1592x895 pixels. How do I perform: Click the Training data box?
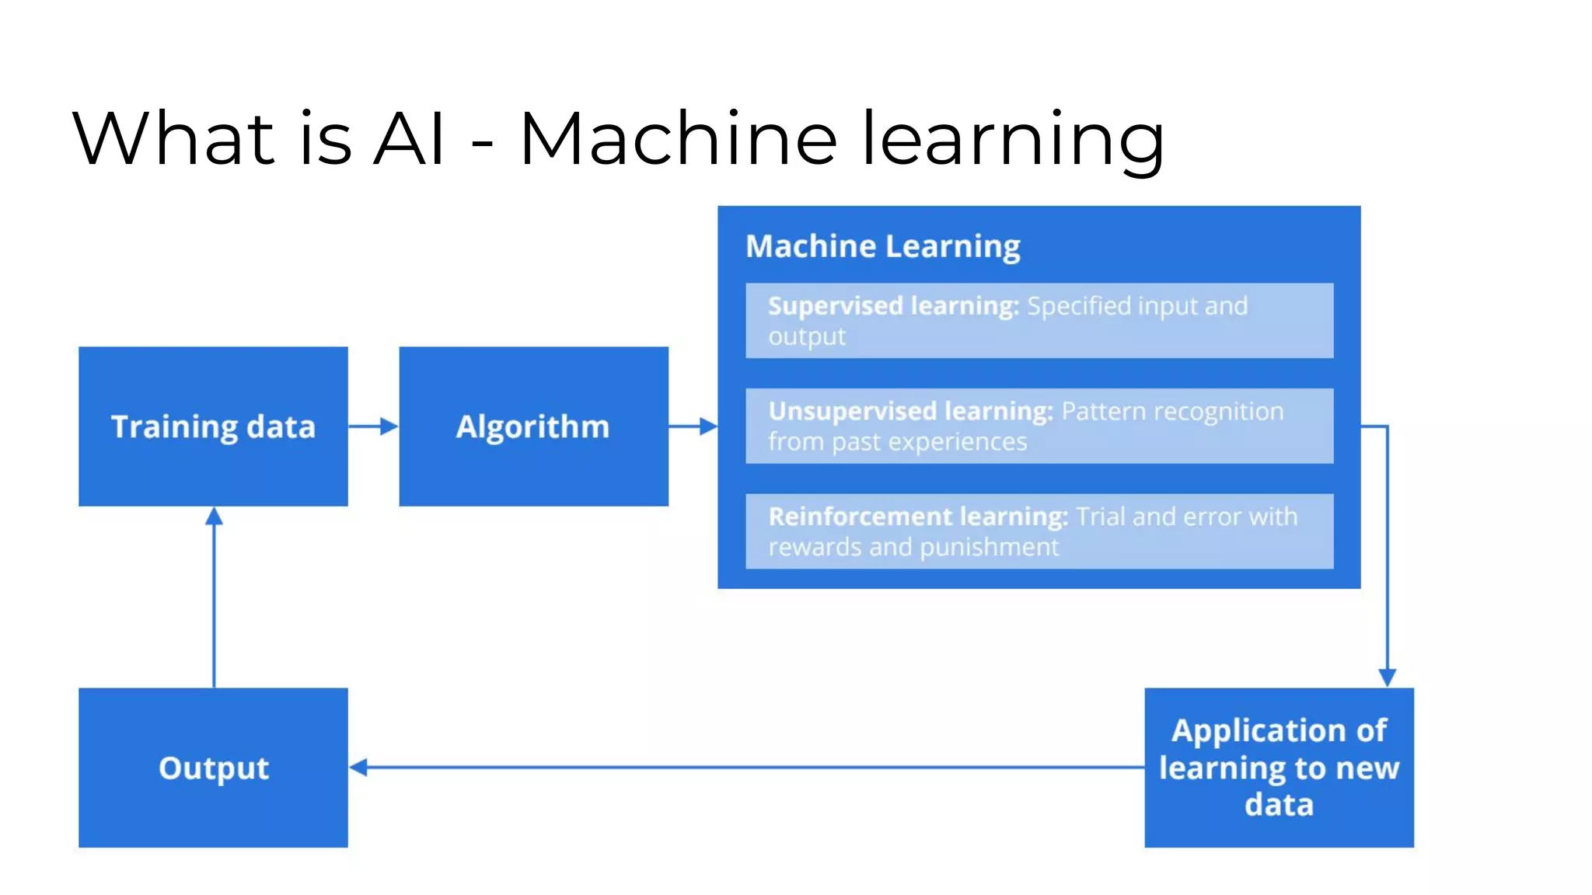click(x=213, y=427)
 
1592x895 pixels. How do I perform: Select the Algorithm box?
click(x=533, y=427)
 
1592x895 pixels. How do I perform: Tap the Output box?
click(x=213, y=768)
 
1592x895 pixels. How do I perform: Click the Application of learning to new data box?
click(x=1279, y=768)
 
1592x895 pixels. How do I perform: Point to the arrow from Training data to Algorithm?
click(x=372, y=427)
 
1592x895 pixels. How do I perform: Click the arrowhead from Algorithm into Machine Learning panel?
click(x=707, y=427)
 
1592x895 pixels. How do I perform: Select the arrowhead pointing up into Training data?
click(x=214, y=517)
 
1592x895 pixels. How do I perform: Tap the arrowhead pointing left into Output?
click(x=358, y=768)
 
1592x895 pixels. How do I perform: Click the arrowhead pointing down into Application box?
click(x=1387, y=677)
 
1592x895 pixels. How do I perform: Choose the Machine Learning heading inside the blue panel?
click(x=882, y=246)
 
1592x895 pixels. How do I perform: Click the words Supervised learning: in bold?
click(x=892, y=306)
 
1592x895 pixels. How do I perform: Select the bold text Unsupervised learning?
click(x=910, y=411)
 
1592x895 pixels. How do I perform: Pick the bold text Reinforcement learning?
click(x=918, y=517)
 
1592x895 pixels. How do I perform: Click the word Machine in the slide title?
click(x=678, y=139)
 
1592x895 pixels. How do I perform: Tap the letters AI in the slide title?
click(x=409, y=139)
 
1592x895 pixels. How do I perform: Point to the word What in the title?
click(x=173, y=139)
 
